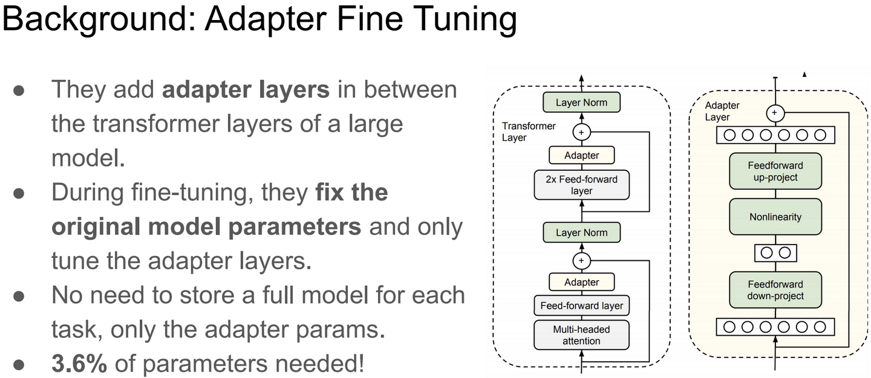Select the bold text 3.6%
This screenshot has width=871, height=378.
pos(79,364)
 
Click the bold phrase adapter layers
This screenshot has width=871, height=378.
pos(246,89)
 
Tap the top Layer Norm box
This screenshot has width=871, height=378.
pos(581,102)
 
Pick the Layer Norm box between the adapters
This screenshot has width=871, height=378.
pos(581,232)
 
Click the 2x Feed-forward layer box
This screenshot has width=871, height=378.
pos(581,185)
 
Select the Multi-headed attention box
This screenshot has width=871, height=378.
pos(581,335)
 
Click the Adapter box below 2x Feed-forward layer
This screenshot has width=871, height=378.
pos(581,282)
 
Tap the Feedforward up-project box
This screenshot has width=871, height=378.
pos(775,171)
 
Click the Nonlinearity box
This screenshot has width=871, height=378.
pos(775,217)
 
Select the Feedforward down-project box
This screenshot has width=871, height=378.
pos(775,290)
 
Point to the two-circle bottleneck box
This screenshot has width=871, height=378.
pos(775,252)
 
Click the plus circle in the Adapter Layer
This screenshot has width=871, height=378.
pos(775,113)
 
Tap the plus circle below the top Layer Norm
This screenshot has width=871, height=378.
pos(581,131)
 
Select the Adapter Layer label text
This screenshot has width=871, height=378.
pos(722,111)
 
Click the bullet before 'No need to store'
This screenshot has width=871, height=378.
pos(19,295)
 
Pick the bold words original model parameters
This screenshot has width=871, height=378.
pos(206,226)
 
